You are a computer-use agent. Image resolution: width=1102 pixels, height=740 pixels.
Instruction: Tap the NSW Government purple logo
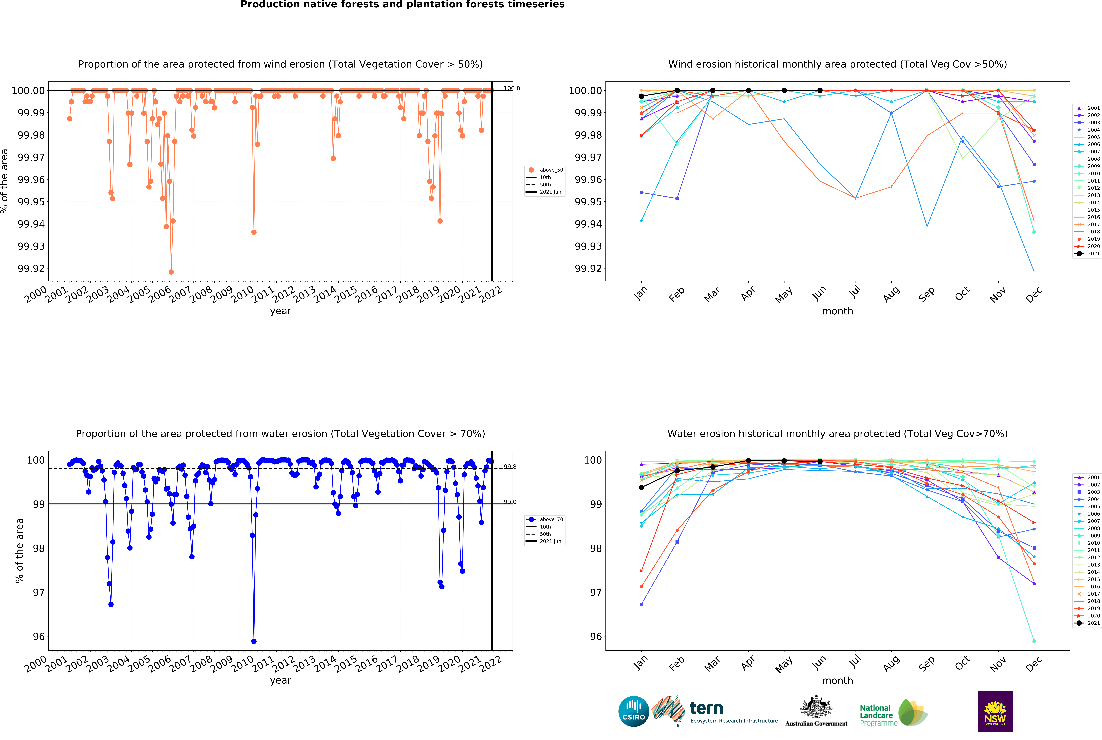click(x=995, y=711)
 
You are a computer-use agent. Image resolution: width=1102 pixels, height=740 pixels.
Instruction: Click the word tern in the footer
click(x=706, y=708)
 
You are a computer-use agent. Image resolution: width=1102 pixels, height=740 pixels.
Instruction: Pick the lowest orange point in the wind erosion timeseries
click(x=171, y=272)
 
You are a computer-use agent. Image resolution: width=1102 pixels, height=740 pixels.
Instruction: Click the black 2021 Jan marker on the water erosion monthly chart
click(x=641, y=488)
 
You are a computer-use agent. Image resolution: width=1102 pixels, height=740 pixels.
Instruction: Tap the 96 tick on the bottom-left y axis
click(x=39, y=636)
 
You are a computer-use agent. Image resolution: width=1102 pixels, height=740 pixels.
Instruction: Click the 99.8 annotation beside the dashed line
click(x=510, y=467)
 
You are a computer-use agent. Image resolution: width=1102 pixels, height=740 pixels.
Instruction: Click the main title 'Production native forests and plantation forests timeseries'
click(x=402, y=5)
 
